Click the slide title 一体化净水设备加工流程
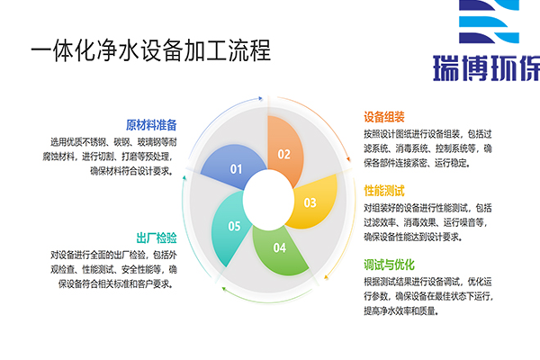point(151,50)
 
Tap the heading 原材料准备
point(151,125)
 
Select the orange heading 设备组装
point(384,117)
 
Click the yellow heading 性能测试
point(384,191)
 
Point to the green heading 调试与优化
point(389,265)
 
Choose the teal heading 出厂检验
point(157,238)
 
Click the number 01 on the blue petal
point(236,169)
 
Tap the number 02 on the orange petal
point(284,154)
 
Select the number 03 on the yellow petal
point(310,202)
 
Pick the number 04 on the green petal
point(280,247)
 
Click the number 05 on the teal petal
point(234,226)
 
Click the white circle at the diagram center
point(268,200)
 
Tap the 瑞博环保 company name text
point(486,67)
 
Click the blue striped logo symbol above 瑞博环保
point(489,22)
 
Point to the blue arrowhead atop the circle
point(261,99)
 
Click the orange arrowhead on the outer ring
point(348,158)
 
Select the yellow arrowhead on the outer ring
point(326,276)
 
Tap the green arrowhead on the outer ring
point(224,288)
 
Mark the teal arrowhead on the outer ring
point(184,178)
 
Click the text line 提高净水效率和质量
point(401,311)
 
